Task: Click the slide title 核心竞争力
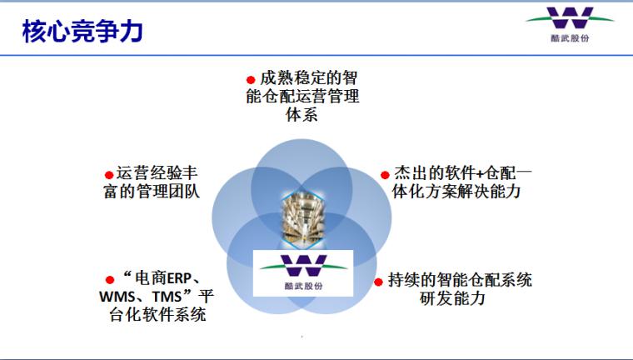click(82, 31)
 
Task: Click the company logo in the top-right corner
click(570, 24)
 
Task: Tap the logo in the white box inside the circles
click(303, 272)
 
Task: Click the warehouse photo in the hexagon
click(303, 218)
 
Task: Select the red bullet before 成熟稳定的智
click(251, 80)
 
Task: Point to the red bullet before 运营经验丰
click(109, 175)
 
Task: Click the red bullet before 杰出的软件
click(385, 175)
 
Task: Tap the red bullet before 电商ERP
click(109, 280)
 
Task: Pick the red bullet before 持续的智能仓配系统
click(378, 282)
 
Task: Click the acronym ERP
click(179, 279)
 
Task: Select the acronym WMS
click(117, 297)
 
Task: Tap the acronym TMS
click(167, 297)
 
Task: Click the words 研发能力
click(452, 298)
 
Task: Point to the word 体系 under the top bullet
click(302, 115)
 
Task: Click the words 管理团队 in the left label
click(168, 191)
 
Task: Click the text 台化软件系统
click(157, 315)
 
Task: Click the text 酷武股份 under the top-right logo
click(570, 38)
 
